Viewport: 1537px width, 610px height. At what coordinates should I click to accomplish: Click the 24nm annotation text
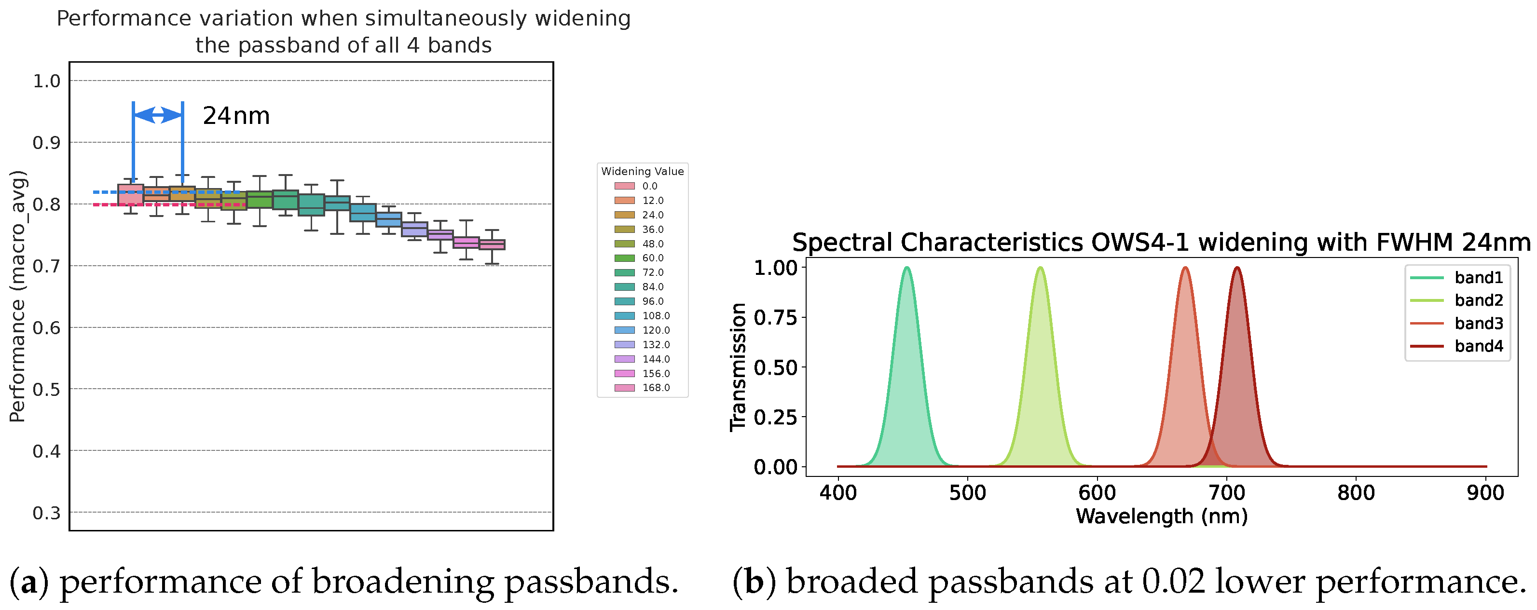tap(236, 116)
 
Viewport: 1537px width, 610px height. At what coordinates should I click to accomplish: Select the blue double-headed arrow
tap(158, 115)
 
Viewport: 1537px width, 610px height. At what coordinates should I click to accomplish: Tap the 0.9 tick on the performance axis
tap(46, 143)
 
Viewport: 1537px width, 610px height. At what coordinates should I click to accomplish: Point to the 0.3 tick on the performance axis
tap(46, 513)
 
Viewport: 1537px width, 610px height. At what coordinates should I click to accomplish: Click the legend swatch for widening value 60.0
tap(624, 258)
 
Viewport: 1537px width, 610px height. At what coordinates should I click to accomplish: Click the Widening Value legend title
tap(642, 171)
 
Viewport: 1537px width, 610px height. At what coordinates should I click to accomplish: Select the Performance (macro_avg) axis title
tap(18, 297)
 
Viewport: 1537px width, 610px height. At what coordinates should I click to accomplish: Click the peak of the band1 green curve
tap(907, 268)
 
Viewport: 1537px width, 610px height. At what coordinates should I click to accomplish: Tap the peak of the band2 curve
tap(1040, 268)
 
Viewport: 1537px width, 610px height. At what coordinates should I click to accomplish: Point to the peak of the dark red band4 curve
tap(1237, 268)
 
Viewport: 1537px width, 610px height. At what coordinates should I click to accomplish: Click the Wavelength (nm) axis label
tap(1162, 516)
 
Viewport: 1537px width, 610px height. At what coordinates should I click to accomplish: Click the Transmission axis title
tap(739, 366)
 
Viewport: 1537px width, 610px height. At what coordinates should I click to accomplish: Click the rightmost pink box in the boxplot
tap(492, 244)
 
